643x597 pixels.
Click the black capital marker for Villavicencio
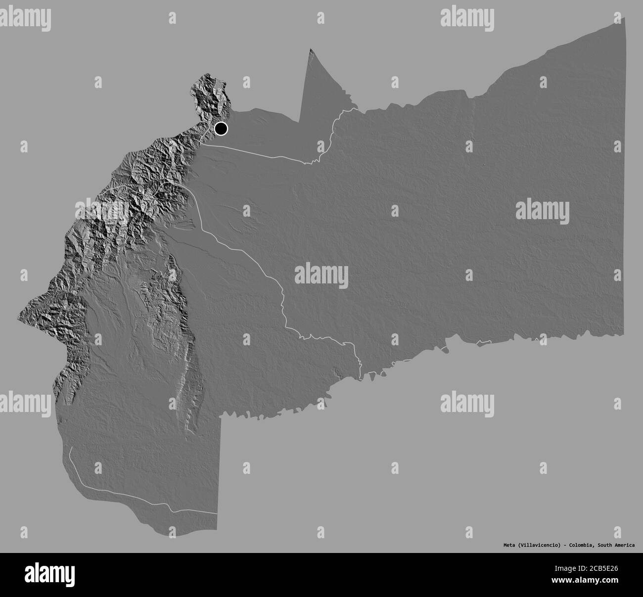tap(221, 129)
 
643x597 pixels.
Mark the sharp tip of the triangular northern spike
tap(311, 49)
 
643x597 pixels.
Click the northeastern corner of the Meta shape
tap(625, 18)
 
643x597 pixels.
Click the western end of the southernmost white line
tap(71, 448)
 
